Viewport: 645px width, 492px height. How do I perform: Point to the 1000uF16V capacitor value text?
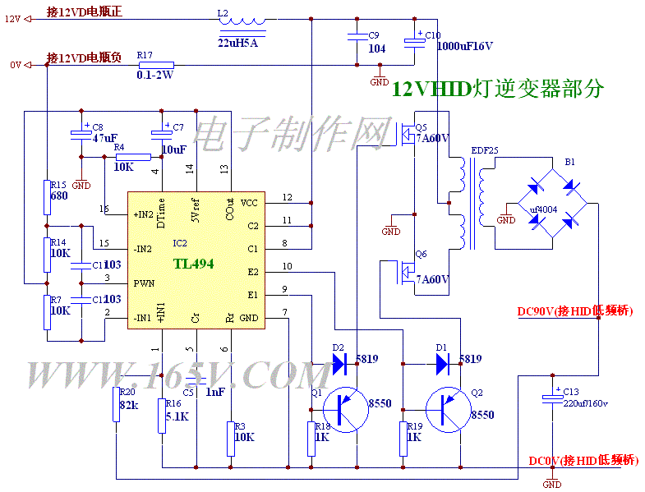tap(465, 47)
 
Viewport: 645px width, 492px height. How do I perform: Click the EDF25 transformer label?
tap(484, 151)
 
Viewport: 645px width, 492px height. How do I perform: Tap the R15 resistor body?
tap(48, 198)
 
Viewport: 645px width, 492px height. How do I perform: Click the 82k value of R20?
tap(128, 406)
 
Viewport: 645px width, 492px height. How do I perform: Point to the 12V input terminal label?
tap(12, 20)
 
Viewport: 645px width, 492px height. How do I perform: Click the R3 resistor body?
tap(229, 437)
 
